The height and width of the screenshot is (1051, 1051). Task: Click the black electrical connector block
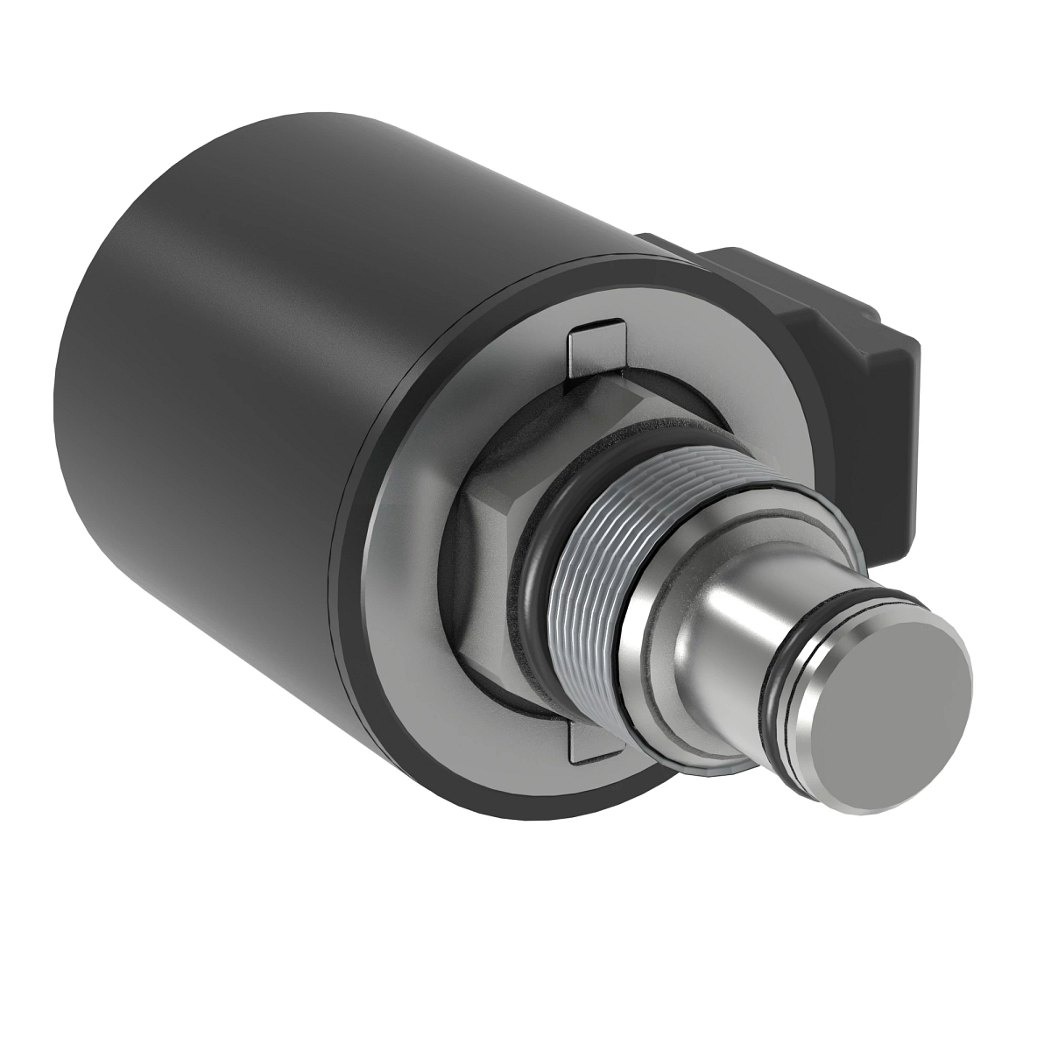841,350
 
